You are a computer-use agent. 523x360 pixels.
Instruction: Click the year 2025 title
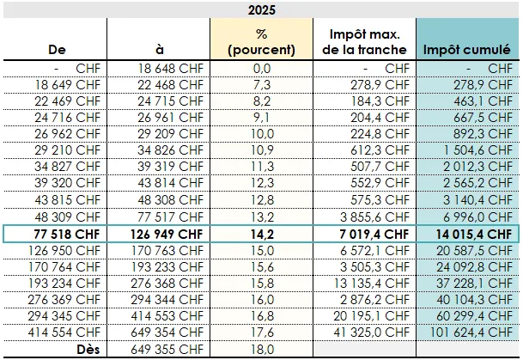261,9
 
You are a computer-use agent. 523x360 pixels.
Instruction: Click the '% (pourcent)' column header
262,42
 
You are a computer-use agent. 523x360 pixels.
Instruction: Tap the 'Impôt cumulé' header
467,50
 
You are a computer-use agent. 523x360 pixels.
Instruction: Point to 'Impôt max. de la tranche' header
365,42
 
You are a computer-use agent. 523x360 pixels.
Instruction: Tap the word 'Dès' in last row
84,350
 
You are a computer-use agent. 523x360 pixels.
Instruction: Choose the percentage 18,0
262,350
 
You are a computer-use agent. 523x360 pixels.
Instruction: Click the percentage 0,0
262,68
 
